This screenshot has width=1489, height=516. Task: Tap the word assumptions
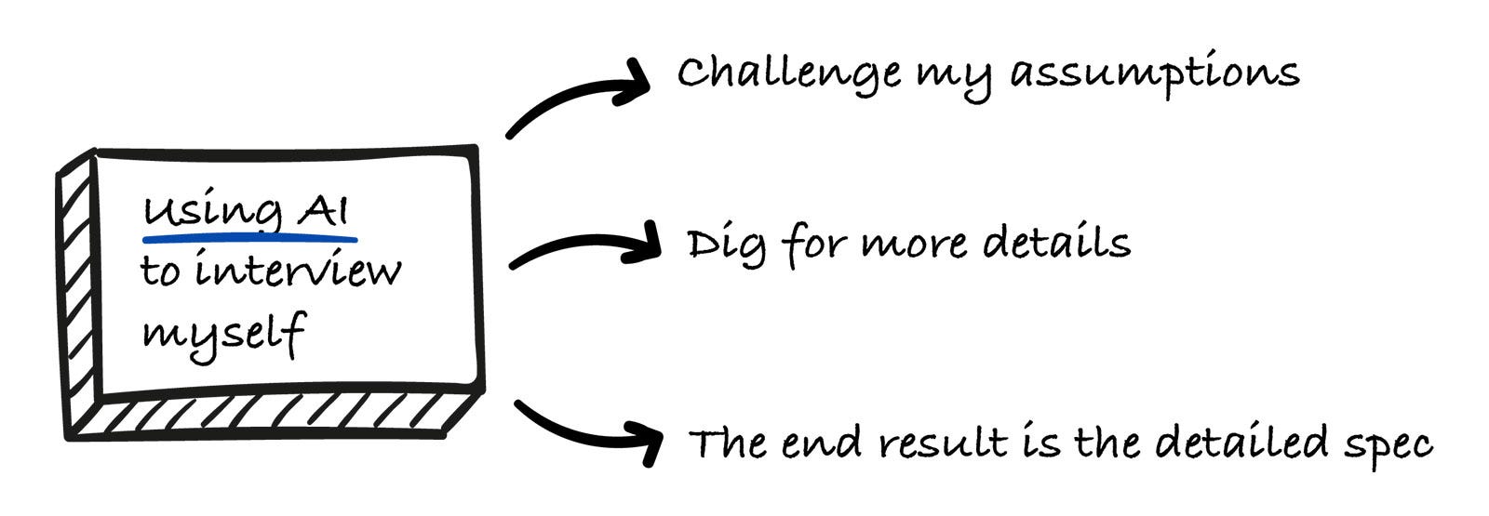pyautogui.click(x=1155, y=74)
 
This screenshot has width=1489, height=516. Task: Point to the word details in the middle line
pyautogui.click(x=1056, y=243)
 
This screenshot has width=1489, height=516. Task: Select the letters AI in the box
pyautogui.click(x=323, y=212)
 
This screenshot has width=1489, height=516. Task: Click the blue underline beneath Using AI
pyautogui.click(x=249, y=239)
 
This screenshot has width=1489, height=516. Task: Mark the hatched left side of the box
pyautogui.click(x=77, y=298)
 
